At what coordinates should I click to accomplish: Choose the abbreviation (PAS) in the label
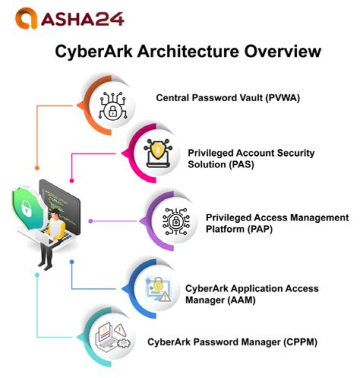point(240,164)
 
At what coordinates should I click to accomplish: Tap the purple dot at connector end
point(90,221)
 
